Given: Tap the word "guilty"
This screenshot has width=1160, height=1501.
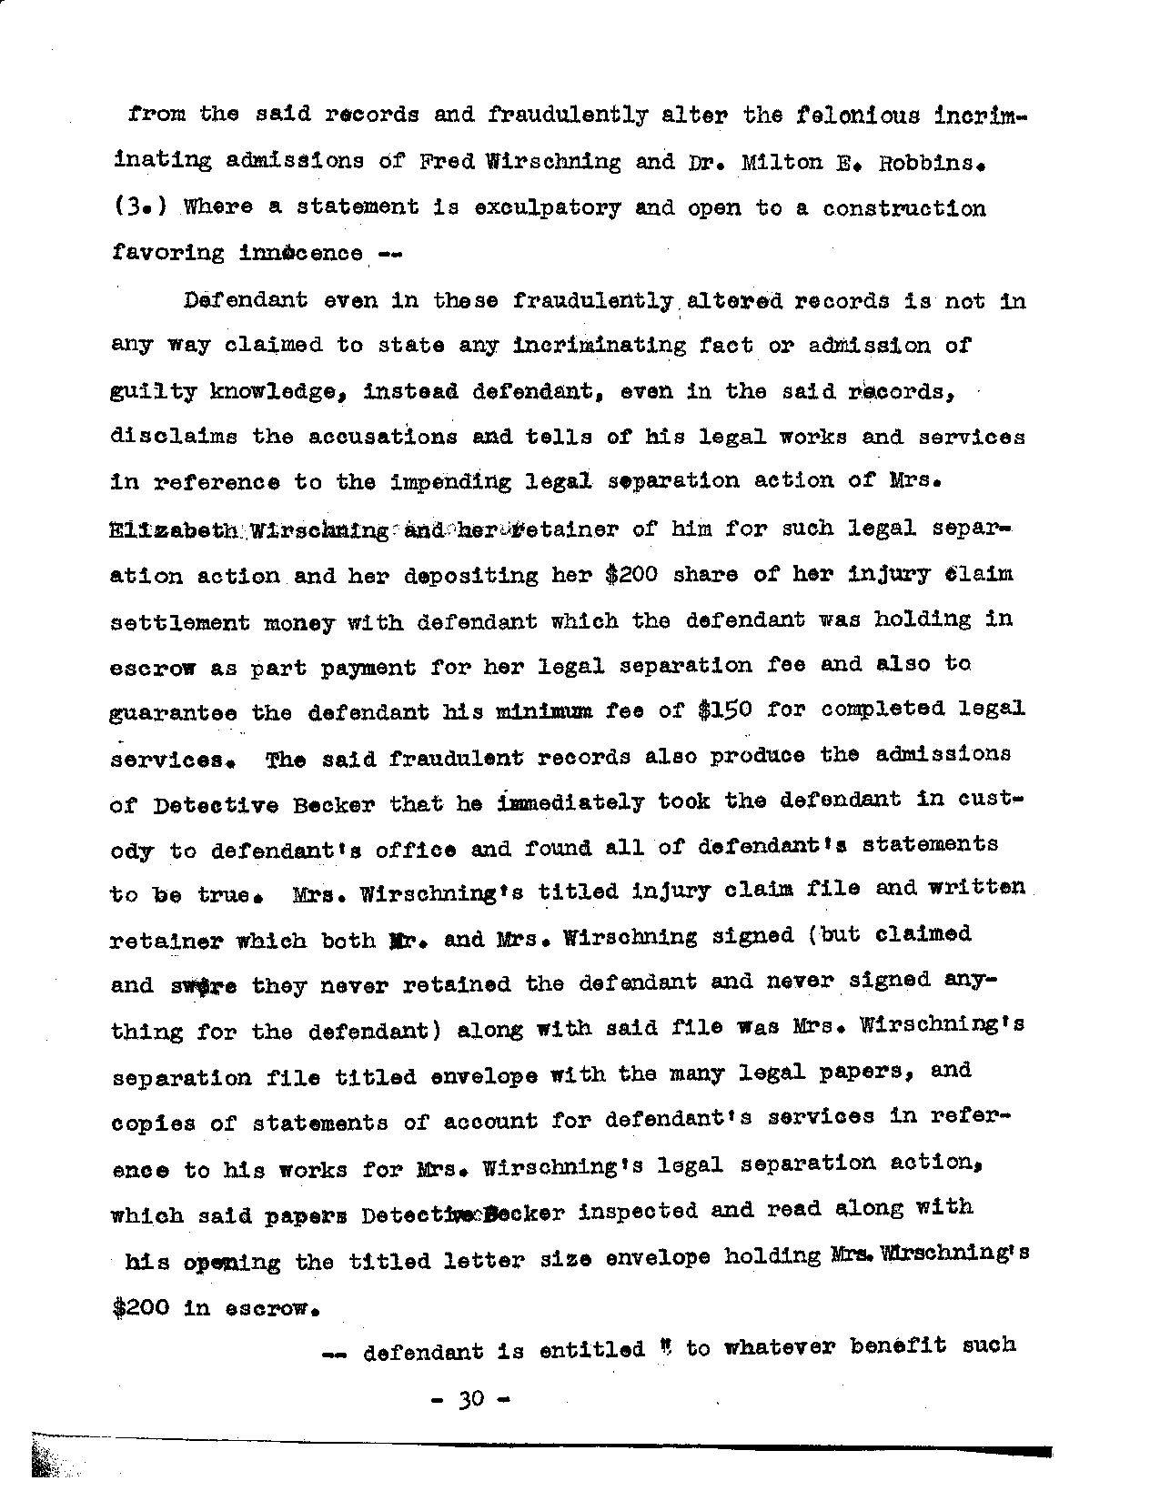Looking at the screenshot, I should click(x=153, y=392).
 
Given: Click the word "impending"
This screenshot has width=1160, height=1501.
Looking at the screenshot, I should click(x=451, y=482).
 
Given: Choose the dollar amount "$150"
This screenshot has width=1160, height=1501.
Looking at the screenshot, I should click(x=724, y=710).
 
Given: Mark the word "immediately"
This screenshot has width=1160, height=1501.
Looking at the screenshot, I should click(x=571, y=802).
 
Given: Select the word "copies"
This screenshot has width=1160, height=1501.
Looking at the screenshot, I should click(x=153, y=1124).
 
